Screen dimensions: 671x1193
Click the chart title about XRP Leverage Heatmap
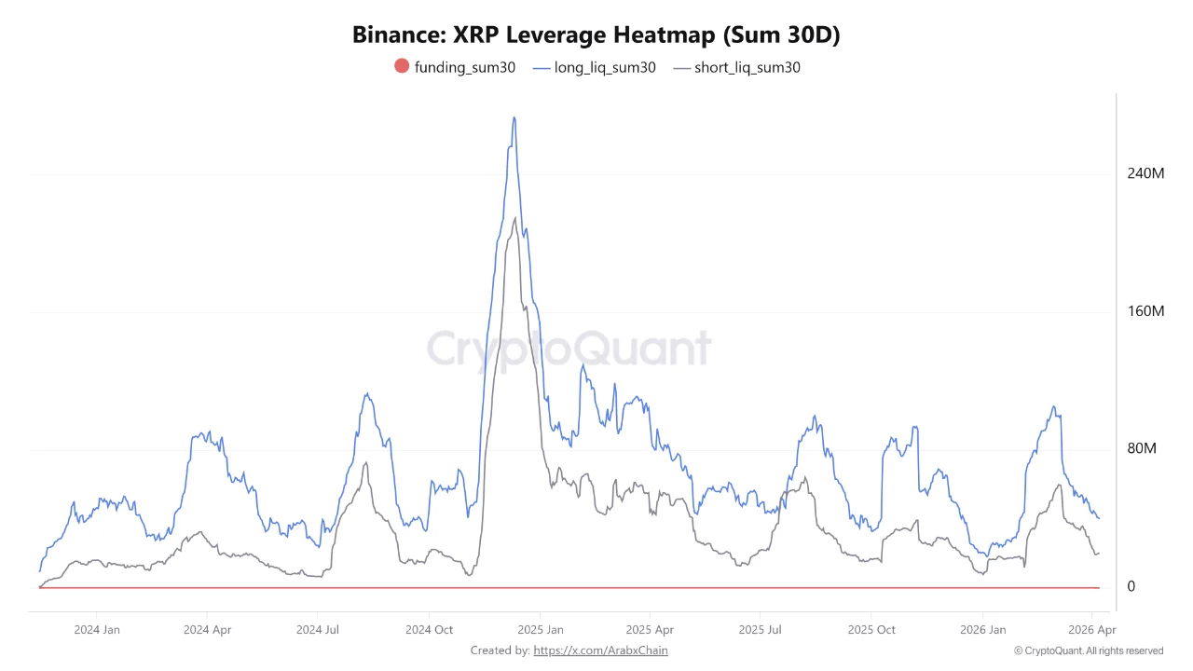(596, 34)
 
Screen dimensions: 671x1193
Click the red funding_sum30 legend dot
(402, 66)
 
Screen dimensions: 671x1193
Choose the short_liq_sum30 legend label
(747, 67)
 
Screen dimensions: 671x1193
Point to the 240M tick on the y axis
(1145, 173)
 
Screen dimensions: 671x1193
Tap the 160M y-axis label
(1145, 311)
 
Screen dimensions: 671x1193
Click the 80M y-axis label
(1142, 449)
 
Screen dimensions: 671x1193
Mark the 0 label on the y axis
(1131, 586)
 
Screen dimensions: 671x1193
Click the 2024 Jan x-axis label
(97, 630)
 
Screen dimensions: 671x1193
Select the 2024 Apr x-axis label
(208, 630)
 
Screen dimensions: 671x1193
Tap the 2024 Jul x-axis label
(318, 630)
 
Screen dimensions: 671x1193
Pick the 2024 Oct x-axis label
(429, 630)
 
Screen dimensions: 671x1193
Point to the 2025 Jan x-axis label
(541, 630)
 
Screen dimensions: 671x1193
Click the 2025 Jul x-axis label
(761, 630)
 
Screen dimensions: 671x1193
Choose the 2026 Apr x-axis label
(1091, 630)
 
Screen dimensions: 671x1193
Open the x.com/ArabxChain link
(601, 650)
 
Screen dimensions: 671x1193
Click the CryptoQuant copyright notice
(1088, 650)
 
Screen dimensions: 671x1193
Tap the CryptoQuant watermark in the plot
(569, 349)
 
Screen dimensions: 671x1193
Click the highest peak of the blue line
(514, 118)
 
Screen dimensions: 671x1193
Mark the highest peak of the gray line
(514, 219)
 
